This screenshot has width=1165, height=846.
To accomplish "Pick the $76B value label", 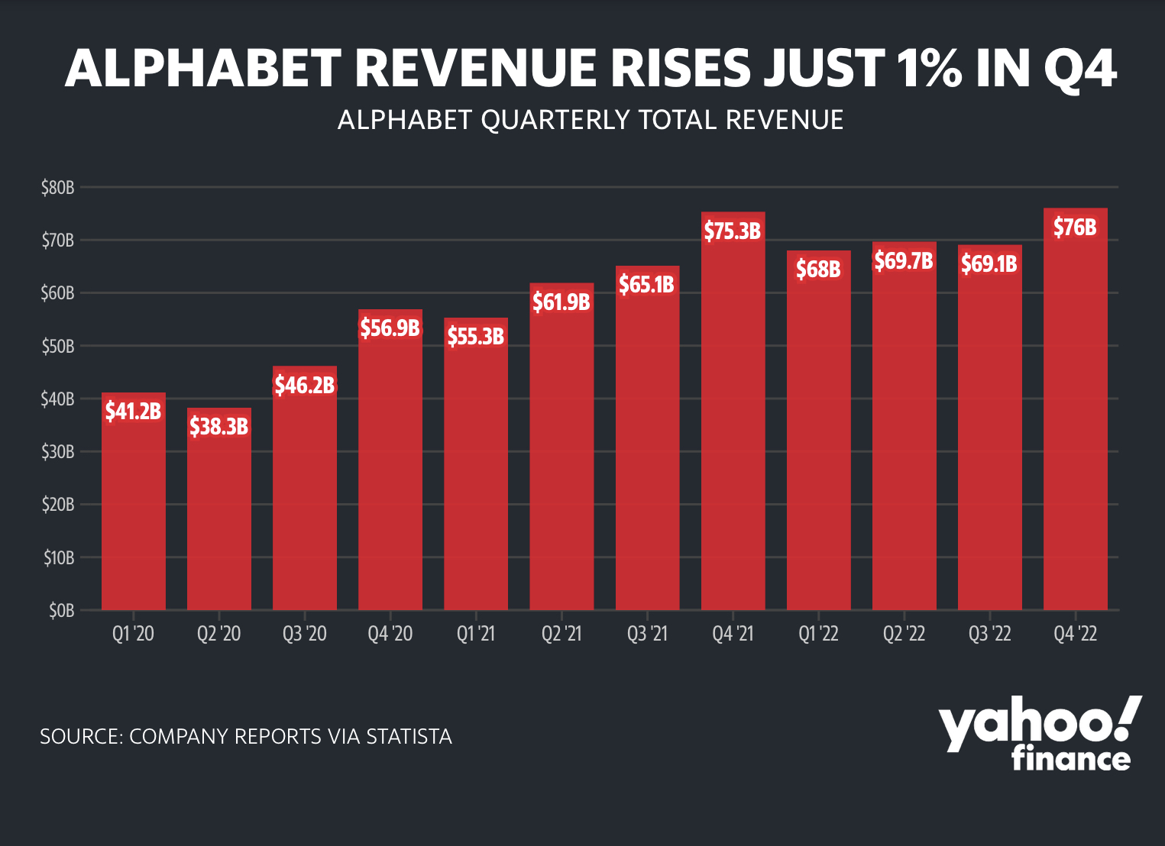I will (x=1075, y=227).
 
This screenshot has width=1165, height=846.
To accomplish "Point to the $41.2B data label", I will (x=134, y=412).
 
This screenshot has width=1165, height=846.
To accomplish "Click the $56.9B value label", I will (x=390, y=328).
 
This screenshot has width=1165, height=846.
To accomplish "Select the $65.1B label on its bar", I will (x=646, y=285).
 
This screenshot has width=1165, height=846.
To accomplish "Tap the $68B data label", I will (x=818, y=269).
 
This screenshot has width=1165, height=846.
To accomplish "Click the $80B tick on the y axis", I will (x=58, y=187).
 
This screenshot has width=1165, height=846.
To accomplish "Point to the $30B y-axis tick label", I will (x=58, y=452).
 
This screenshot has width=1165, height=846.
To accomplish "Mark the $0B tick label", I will (x=61, y=611).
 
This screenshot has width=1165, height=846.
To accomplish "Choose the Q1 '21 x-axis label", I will (x=476, y=634).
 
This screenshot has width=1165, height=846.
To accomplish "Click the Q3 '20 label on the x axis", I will (x=305, y=634).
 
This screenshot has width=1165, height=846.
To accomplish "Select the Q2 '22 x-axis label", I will (x=904, y=634).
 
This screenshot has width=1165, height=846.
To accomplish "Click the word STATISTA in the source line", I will (x=409, y=737).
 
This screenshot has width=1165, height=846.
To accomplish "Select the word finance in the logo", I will (x=1071, y=758).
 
